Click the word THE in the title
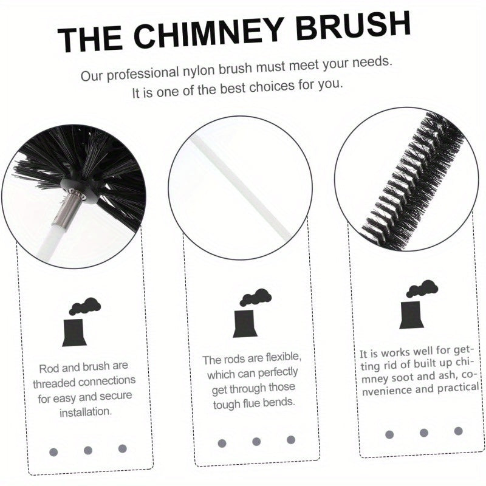point(92,40)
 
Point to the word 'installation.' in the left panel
point(86,411)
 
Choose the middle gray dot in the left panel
point(88,450)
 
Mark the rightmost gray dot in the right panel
point(458,431)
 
